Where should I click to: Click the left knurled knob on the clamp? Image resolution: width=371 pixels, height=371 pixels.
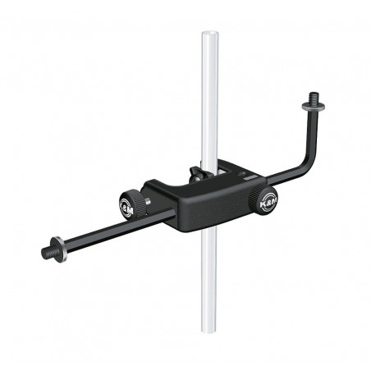[133, 203]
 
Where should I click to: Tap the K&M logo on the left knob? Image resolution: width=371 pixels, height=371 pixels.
[131, 204]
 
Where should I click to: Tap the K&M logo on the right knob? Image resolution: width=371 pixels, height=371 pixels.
[266, 199]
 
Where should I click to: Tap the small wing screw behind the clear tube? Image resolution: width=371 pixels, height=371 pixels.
[193, 174]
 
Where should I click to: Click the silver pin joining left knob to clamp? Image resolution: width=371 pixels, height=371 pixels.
[148, 201]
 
